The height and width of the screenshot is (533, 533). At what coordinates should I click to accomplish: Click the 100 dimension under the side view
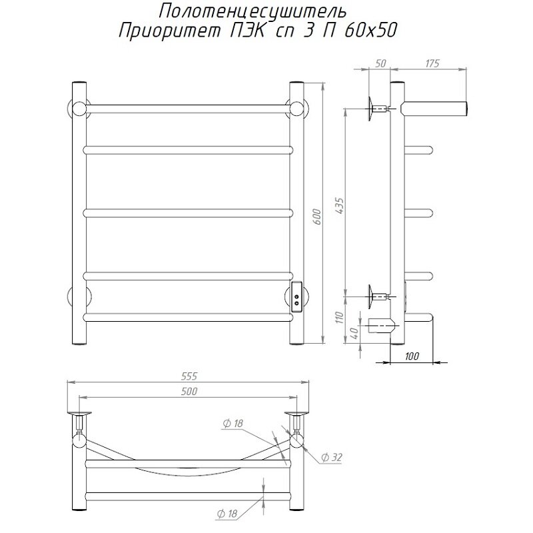[x=412, y=356]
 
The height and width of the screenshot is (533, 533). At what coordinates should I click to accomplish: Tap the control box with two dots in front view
[x=296, y=296]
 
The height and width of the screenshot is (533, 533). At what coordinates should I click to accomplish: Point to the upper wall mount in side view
[x=374, y=106]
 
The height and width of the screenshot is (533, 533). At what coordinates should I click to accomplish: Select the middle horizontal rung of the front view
[x=188, y=213]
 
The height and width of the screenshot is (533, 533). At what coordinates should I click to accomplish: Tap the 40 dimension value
[x=355, y=330]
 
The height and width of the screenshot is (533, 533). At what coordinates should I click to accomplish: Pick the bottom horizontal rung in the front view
[x=188, y=317]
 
